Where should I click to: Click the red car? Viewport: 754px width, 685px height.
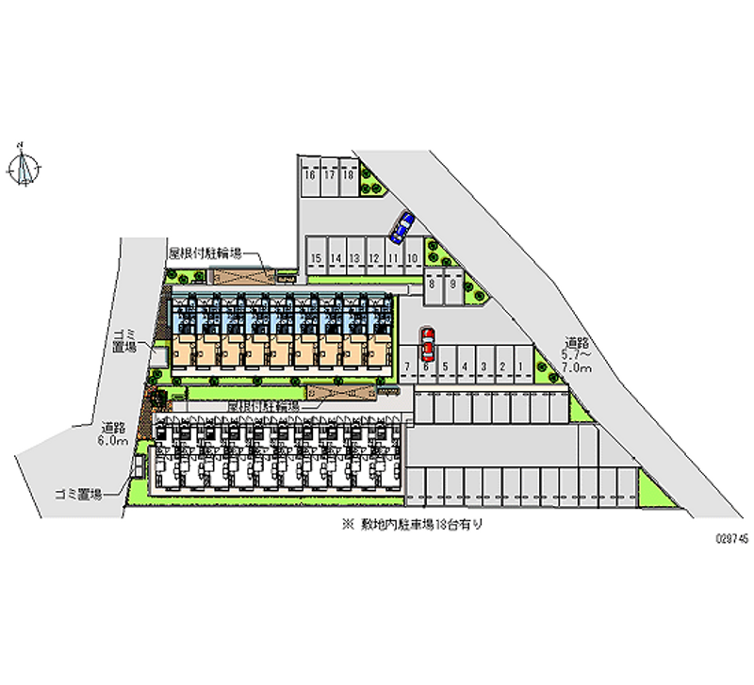(x=427, y=345)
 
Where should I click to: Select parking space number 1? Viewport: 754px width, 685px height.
(x=520, y=367)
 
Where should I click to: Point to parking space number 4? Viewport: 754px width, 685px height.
(x=464, y=367)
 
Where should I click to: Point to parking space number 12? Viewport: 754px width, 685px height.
(x=374, y=258)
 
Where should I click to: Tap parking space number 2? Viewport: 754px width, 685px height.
(x=502, y=367)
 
